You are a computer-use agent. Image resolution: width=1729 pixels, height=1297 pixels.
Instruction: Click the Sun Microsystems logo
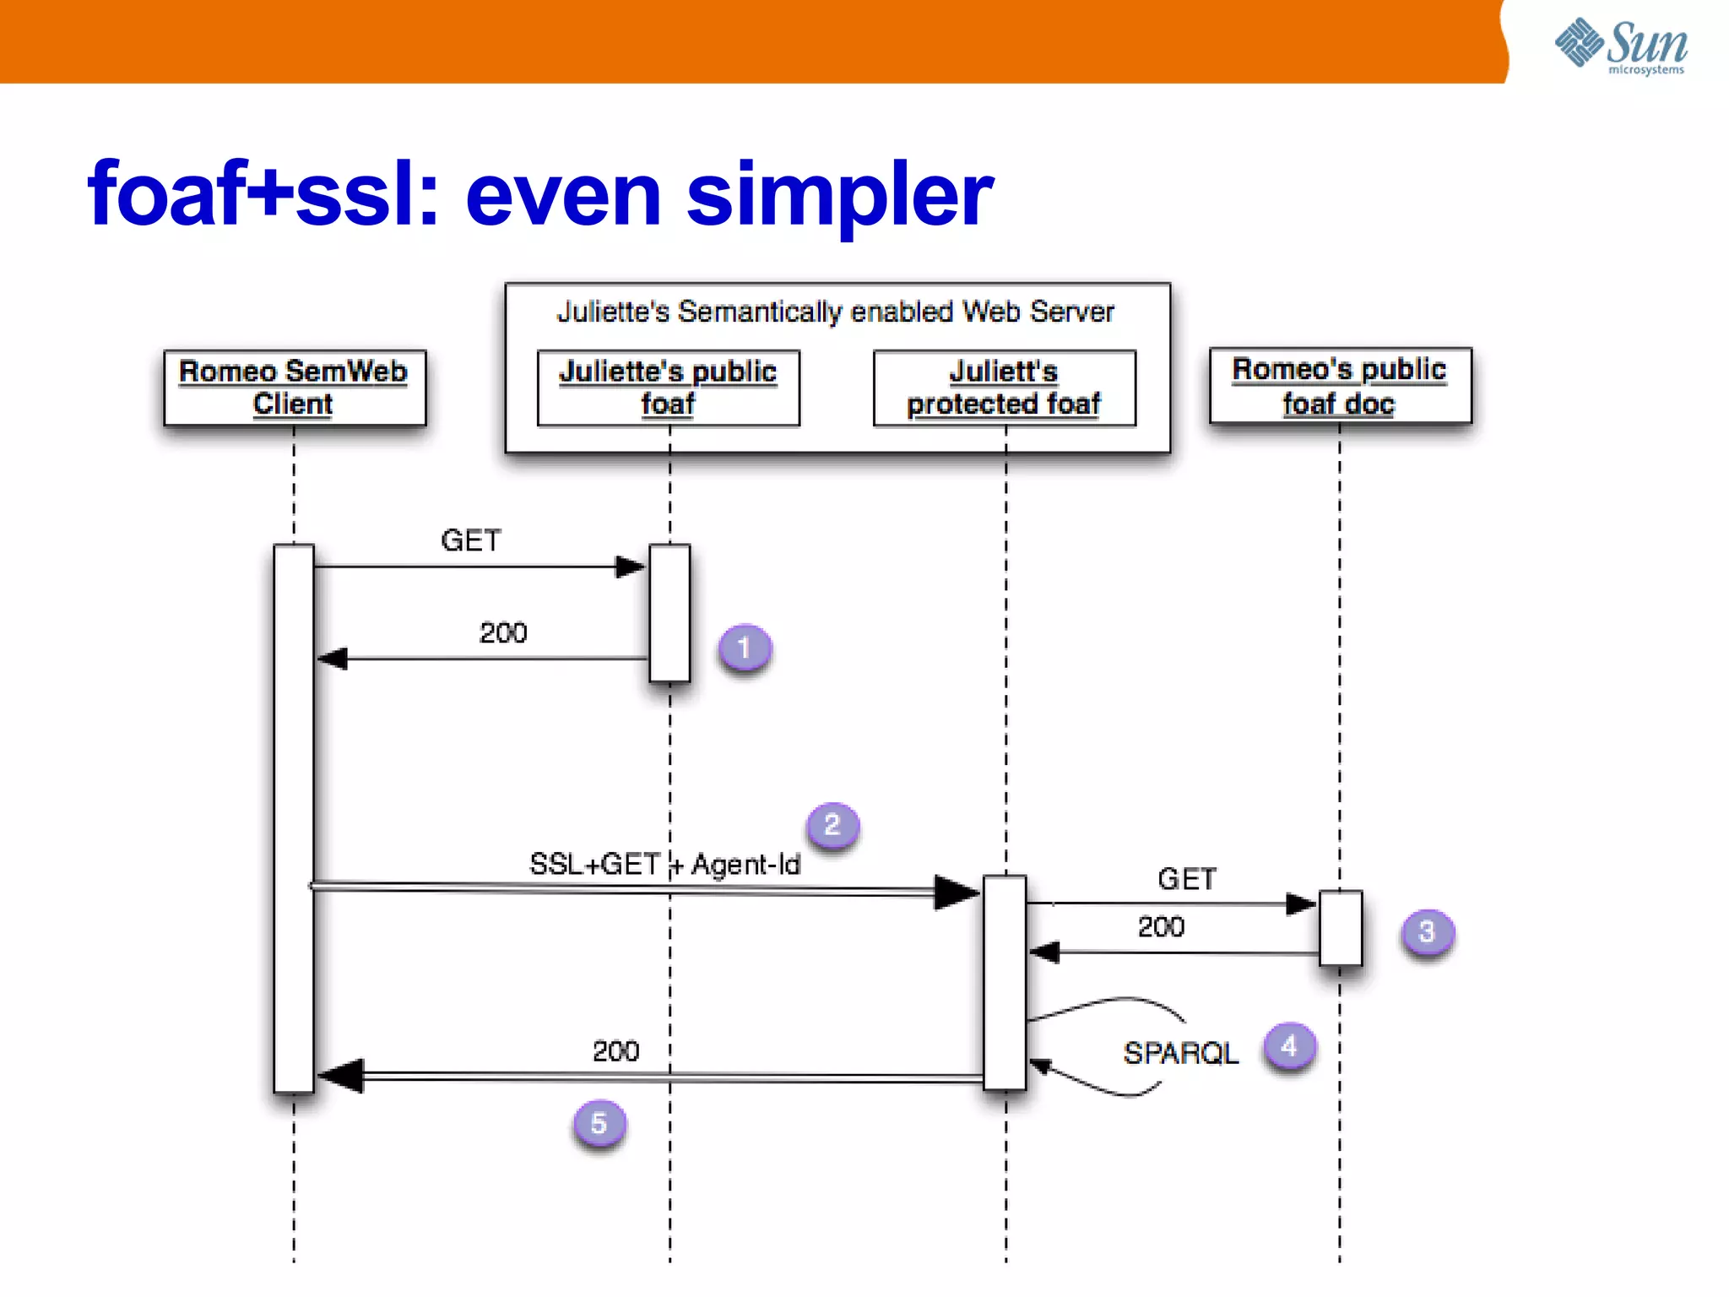[1621, 46]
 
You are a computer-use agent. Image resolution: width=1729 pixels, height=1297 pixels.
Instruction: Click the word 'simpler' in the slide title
[840, 196]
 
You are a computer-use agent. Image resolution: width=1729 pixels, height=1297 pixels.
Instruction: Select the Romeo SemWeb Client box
[295, 388]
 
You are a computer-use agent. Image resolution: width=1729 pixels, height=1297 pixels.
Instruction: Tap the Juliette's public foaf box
[668, 388]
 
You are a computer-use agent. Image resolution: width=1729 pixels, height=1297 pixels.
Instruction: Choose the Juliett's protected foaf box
[1004, 388]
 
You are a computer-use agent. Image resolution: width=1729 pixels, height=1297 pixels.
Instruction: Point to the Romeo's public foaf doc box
[1340, 386]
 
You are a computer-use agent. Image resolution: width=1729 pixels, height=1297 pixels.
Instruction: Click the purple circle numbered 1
[744, 648]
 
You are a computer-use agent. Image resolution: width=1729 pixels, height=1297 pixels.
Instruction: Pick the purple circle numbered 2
[832, 825]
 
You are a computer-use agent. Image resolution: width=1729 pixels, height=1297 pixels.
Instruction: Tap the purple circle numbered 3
[1427, 932]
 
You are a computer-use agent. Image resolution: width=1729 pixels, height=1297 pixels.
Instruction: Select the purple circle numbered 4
[1289, 1047]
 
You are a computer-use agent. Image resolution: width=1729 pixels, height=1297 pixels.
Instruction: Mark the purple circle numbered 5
[599, 1124]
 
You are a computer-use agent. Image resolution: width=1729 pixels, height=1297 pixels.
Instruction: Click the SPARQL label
[1180, 1053]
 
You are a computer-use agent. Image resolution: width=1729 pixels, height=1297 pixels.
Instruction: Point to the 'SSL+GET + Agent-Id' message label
[664, 865]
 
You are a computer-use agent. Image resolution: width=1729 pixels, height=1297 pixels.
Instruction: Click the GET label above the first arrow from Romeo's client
[471, 540]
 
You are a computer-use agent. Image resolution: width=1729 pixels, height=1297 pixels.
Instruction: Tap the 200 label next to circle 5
[615, 1051]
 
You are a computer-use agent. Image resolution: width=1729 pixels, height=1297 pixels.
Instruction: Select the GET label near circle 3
[1187, 880]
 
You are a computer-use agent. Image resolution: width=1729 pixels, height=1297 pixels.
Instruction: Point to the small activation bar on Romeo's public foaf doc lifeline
[1341, 927]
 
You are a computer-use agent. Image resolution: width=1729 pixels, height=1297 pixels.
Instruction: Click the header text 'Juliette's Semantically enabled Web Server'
[836, 312]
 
